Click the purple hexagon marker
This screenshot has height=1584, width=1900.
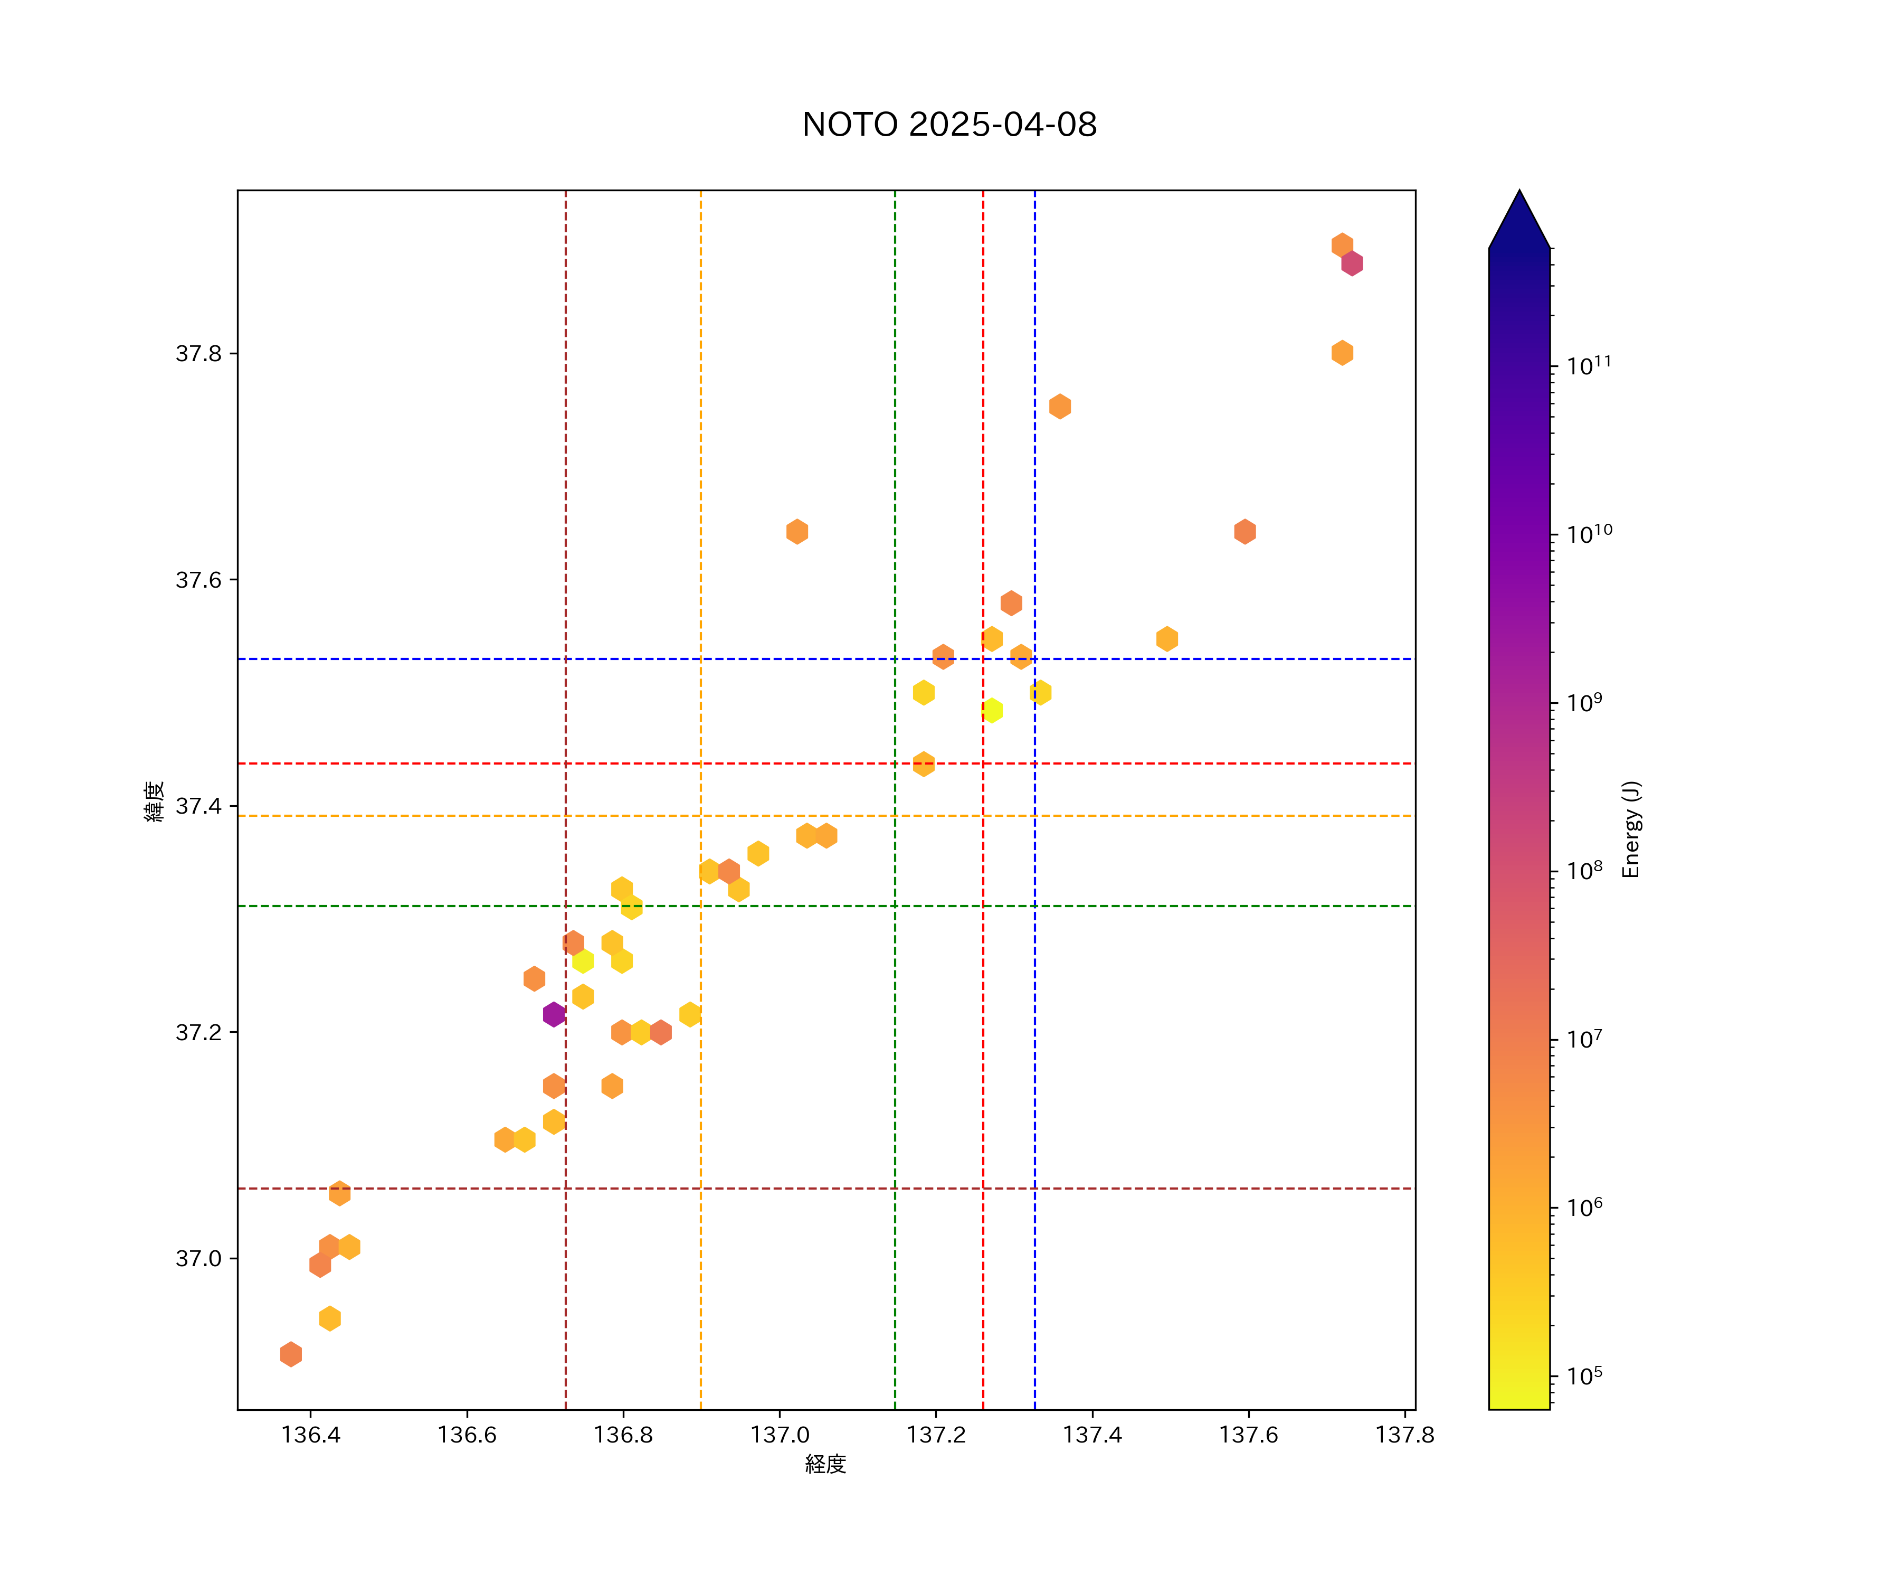pyautogui.click(x=554, y=1015)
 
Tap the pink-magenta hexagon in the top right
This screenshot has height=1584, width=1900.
pyautogui.click(x=1352, y=263)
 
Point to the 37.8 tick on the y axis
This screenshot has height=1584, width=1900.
pyautogui.click(x=198, y=354)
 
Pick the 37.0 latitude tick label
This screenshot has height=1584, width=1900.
pyautogui.click(x=198, y=1259)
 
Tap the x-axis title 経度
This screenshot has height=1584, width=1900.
pyautogui.click(x=825, y=1465)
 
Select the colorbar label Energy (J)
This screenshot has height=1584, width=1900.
pyautogui.click(x=1631, y=829)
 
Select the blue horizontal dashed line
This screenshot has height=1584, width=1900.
pyautogui.click(x=633, y=659)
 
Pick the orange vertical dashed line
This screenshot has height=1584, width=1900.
pyautogui.click(x=700, y=543)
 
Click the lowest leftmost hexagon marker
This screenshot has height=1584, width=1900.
pyautogui.click(x=290, y=1355)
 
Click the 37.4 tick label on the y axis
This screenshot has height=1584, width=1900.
pyautogui.click(x=198, y=806)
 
